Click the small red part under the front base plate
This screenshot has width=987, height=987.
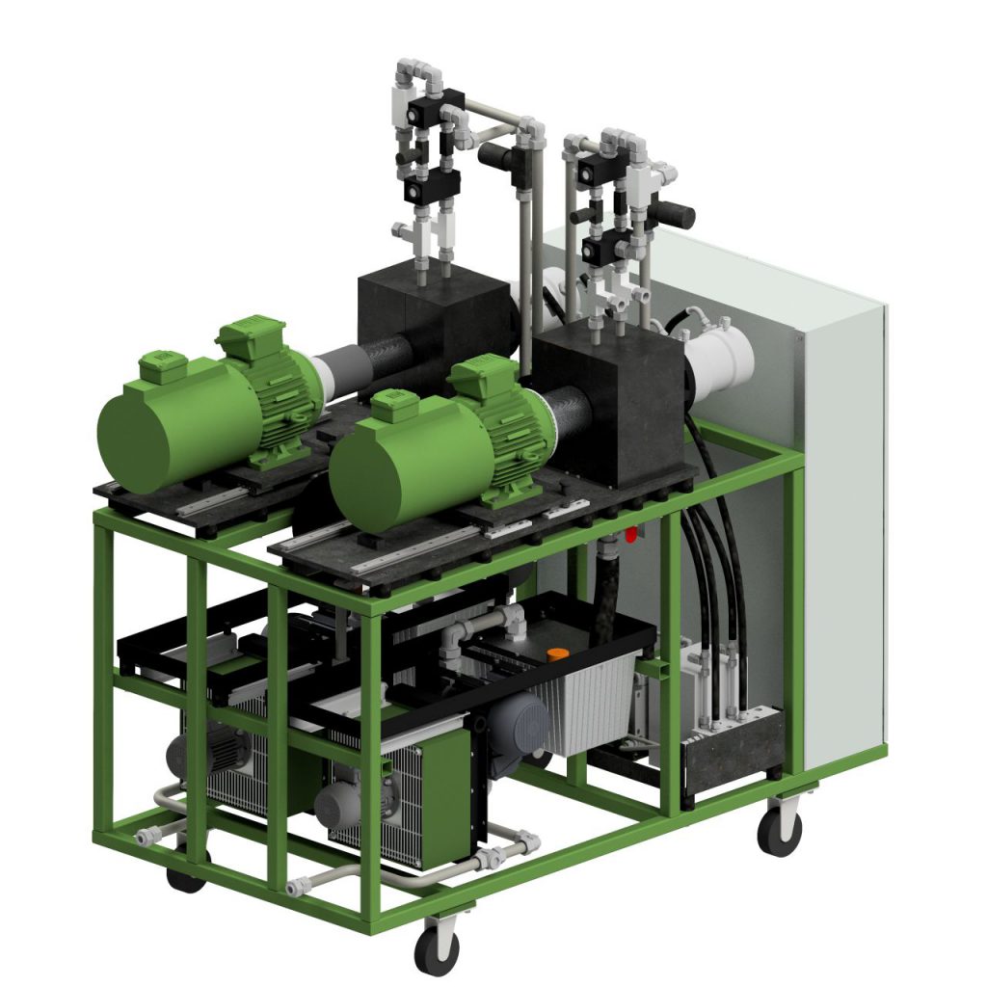coord(631,533)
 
